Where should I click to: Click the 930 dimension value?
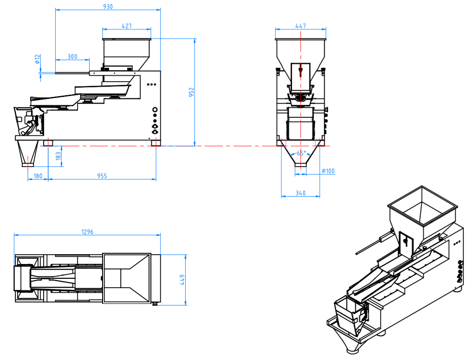pos(108,6)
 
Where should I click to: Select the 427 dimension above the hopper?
pos(127,26)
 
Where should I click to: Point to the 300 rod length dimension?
pos(72,57)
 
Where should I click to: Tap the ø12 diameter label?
pos(38,59)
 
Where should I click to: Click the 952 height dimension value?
pos(191,92)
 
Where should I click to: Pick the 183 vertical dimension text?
pos(59,156)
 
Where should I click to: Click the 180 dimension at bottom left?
pos(38,176)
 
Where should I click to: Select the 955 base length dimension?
pos(102,176)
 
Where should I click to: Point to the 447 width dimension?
pos(300,26)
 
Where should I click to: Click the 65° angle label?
pos(301,153)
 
